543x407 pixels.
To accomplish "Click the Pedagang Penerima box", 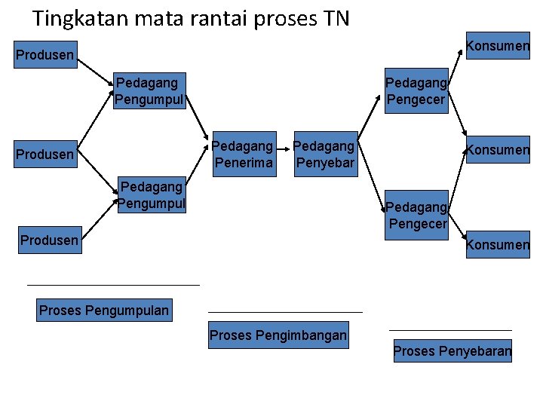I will (244, 154).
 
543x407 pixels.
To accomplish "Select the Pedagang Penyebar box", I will (324, 154).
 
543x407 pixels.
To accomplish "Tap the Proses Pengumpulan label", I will (104, 311).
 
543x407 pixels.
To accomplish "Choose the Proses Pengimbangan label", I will (278, 335).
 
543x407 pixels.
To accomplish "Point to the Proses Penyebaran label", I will (452, 350).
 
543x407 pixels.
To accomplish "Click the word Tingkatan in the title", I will (82, 18).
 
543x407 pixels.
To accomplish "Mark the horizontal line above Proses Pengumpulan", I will (113, 285).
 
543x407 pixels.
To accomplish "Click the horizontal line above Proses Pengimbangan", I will (285, 311).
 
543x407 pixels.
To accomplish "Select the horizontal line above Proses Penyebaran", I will (450, 329).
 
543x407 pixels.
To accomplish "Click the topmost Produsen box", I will (45, 54).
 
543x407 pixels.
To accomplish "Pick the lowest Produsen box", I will (50, 240).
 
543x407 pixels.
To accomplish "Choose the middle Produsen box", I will (45, 155).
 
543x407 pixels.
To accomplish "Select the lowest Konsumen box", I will (498, 244).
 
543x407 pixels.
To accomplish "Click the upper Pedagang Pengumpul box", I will (149, 90).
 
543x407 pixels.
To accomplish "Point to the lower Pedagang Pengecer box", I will (417, 216).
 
